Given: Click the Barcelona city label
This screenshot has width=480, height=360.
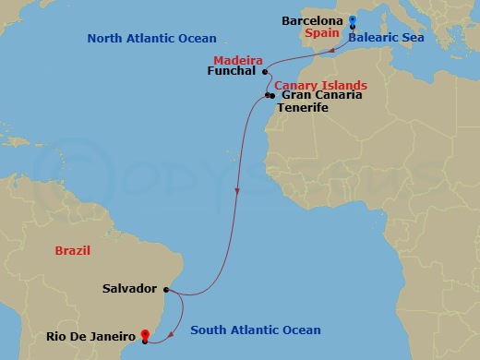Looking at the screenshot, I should [x=312, y=20].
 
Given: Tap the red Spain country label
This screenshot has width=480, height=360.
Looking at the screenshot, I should [x=323, y=33].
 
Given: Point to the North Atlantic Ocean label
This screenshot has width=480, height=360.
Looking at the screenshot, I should [x=151, y=39].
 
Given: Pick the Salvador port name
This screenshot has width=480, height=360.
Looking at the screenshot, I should [x=130, y=289].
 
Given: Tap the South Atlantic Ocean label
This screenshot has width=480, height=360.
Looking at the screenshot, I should [x=255, y=330].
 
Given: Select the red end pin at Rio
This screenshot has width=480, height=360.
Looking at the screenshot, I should [x=145, y=334].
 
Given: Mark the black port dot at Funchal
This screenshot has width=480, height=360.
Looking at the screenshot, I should [x=266, y=72].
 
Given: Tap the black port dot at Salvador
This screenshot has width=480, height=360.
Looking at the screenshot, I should [x=165, y=289].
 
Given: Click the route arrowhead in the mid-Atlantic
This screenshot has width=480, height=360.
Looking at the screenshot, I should [x=238, y=192].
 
